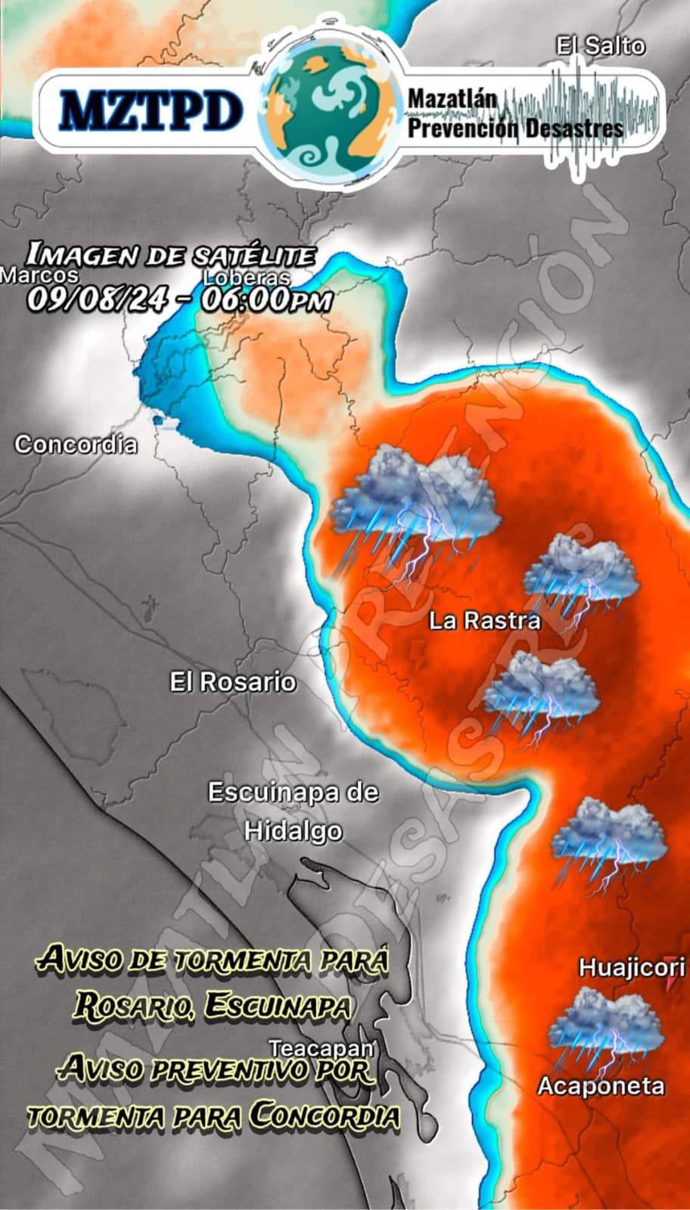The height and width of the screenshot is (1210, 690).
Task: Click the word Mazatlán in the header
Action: click(x=452, y=98)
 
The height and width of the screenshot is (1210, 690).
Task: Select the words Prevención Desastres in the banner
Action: click(x=515, y=127)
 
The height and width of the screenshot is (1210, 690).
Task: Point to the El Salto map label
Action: click(x=601, y=46)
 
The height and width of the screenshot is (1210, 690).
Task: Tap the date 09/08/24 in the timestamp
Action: click(x=97, y=299)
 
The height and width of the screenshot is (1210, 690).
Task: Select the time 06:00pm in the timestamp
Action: click(x=266, y=299)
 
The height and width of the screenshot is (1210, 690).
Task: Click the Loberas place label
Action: click(x=247, y=278)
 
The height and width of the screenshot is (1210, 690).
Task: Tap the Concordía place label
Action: click(x=76, y=444)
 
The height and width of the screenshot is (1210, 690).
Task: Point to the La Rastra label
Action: click(x=485, y=621)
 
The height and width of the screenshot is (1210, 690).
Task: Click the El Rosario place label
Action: click(x=232, y=682)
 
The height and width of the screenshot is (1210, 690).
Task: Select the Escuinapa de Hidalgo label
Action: click(x=293, y=811)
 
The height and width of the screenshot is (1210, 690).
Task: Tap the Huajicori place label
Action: click(x=632, y=967)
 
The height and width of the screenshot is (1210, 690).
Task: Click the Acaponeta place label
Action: click(x=601, y=1087)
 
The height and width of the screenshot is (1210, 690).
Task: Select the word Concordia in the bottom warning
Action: click(x=325, y=1115)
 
